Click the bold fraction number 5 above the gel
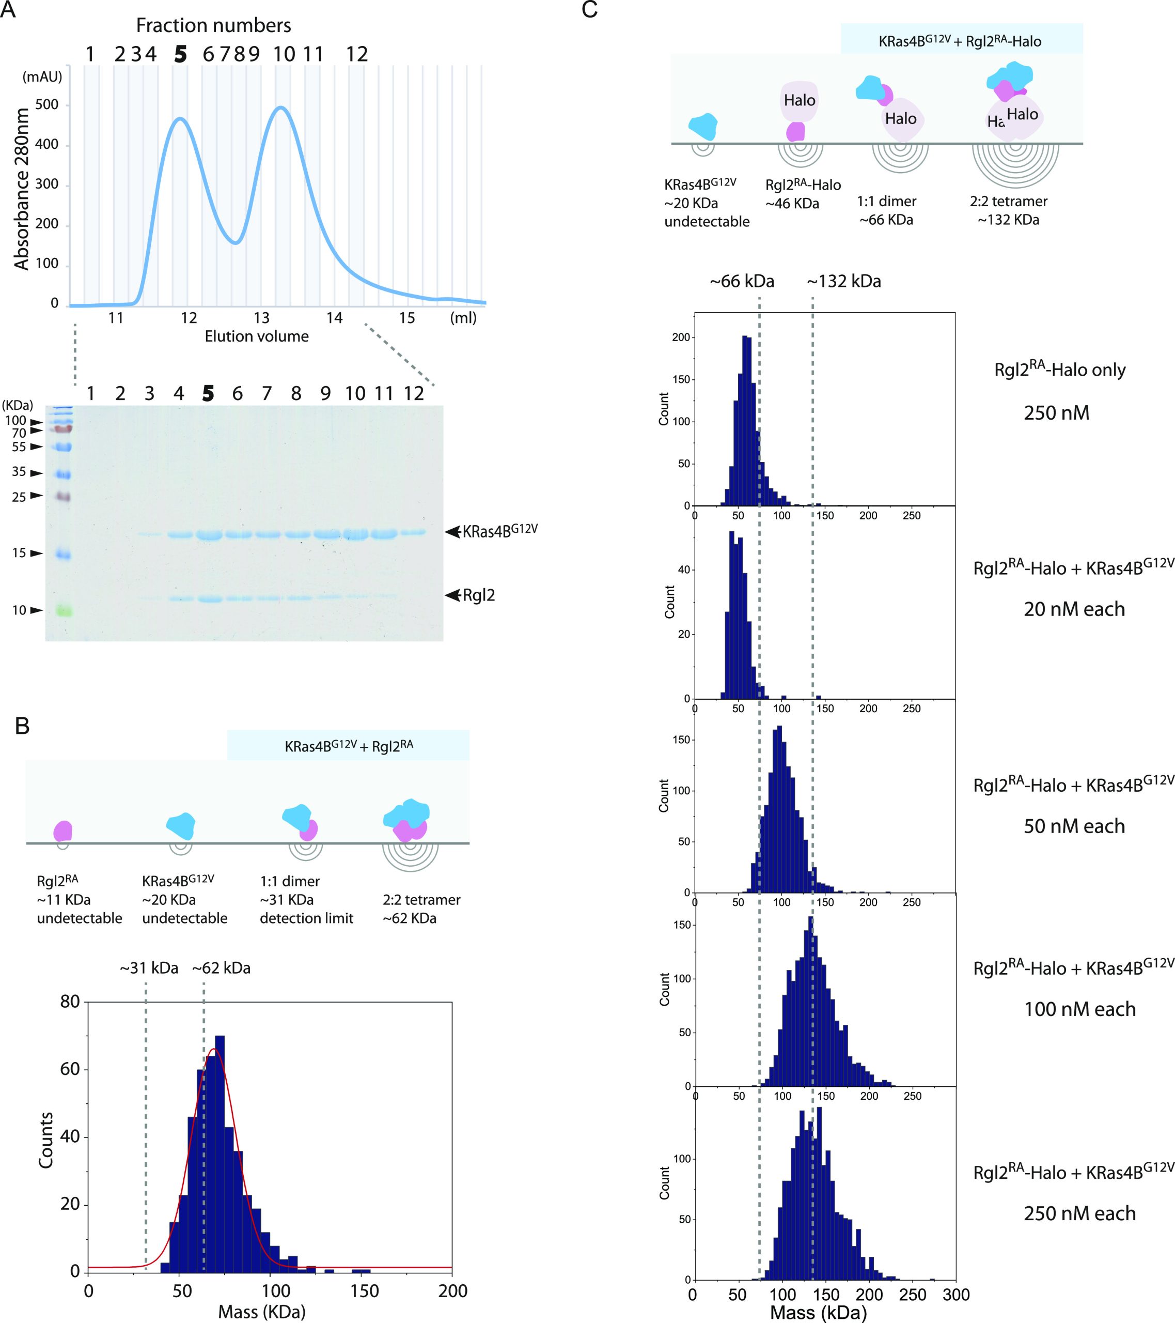208,393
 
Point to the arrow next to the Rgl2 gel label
452,595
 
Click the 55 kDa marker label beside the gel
20,447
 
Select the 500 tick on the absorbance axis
46,105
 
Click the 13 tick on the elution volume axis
261,318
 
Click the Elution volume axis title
256,336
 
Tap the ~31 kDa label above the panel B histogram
148,968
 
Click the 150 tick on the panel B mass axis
364,1290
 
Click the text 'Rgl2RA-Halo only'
1059,370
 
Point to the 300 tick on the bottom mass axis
955,1294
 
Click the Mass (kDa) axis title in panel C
818,1313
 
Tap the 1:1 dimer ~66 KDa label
886,210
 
